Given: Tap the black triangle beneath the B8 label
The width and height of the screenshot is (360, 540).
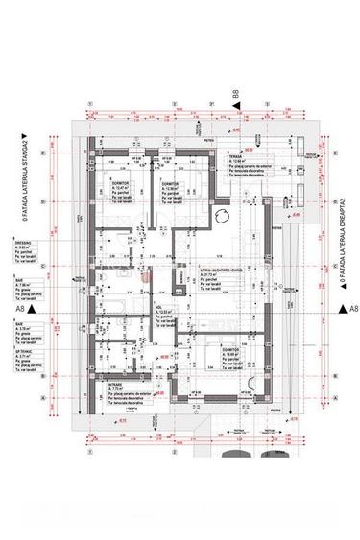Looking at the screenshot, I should pyautogui.click(x=233, y=108).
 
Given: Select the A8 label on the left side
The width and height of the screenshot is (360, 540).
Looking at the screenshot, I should pyautogui.click(x=18, y=310).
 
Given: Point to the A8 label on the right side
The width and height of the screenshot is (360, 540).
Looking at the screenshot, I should pyautogui.click(x=352, y=308).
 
